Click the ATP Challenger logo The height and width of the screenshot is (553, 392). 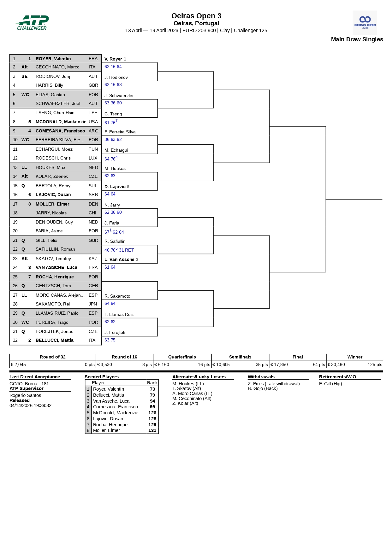tap(32, 23)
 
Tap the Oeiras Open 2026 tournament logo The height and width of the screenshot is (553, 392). tap(365, 23)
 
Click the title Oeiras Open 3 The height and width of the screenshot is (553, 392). tap(196, 16)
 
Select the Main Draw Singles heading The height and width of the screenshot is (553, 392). tap(357, 39)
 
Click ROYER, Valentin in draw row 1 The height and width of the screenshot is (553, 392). tap(53, 59)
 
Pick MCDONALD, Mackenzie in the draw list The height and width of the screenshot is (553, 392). tap(61, 122)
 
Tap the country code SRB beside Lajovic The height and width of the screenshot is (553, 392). tap(93, 195)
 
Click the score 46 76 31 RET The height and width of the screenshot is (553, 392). tap(119, 250)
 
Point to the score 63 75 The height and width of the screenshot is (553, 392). tap(110, 340)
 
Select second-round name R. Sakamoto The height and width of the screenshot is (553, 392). tap(117, 296)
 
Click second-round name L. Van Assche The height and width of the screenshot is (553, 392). tap(119, 259)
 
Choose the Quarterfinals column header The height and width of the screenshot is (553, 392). tap(182, 357)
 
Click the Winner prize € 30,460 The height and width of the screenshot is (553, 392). tap(336, 364)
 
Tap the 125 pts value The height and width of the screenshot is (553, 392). tap(375, 364)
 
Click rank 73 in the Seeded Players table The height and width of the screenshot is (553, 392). tap(152, 389)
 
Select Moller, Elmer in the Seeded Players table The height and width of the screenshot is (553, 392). tap(106, 430)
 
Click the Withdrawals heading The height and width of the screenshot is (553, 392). tap(261, 377)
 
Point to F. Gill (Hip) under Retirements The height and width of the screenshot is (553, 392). tap(330, 384)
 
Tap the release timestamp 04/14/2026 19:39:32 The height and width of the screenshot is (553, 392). tap(30, 405)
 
